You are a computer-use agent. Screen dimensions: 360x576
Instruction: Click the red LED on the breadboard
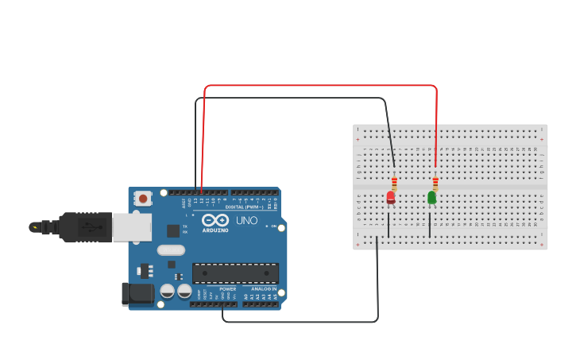[x=391, y=197]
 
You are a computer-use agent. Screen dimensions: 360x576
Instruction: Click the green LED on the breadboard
[x=432, y=197]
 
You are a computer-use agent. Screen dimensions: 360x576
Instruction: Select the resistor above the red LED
[x=394, y=183]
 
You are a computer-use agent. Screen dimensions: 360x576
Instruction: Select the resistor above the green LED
[x=435, y=183]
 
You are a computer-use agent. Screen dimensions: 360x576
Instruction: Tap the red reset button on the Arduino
[x=143, y=198]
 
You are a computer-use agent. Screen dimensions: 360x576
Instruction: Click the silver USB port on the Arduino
[x=131, y=227]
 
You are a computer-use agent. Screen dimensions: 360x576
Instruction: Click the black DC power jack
[x=137, y=293]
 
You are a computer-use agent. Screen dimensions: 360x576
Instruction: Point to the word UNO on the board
[x=247, y=220]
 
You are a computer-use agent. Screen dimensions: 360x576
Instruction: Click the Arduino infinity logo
[x=215, y=220]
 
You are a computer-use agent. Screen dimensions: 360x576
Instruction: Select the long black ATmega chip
[x=235, y=273]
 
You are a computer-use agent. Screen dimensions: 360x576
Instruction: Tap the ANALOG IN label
[x=264, y=288]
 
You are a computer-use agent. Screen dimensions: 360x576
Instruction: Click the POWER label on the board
[x=228, y=288]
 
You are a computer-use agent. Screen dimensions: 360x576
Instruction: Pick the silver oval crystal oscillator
[x=171, y=250]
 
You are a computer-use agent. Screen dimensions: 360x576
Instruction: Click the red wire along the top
[x=318, y=85]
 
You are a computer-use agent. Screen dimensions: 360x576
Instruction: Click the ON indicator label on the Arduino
[x=273, y=226]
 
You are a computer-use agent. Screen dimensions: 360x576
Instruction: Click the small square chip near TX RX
[x=173, y=230]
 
